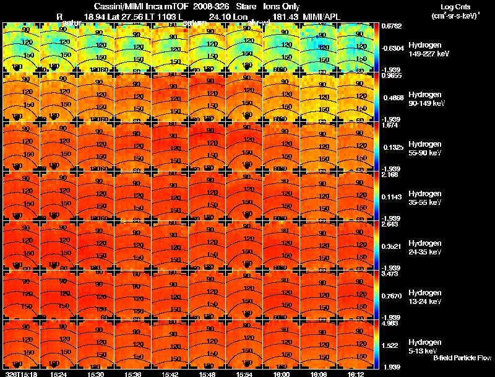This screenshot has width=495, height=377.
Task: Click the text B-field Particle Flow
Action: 462,358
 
